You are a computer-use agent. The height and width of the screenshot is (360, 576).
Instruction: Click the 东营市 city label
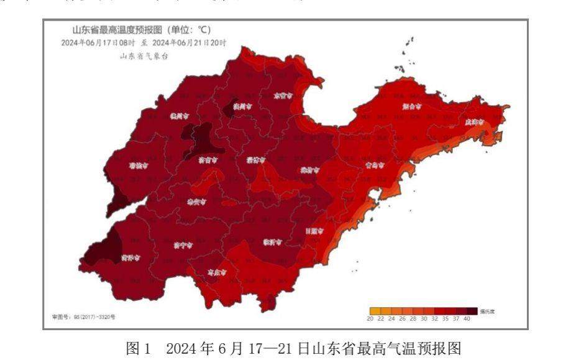tap(283, 96)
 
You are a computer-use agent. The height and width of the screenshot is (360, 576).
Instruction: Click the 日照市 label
tap(314, 231)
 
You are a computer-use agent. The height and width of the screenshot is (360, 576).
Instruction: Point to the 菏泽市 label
tap(130, 257)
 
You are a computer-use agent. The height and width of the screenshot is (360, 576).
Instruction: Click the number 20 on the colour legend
tap(370, 318)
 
